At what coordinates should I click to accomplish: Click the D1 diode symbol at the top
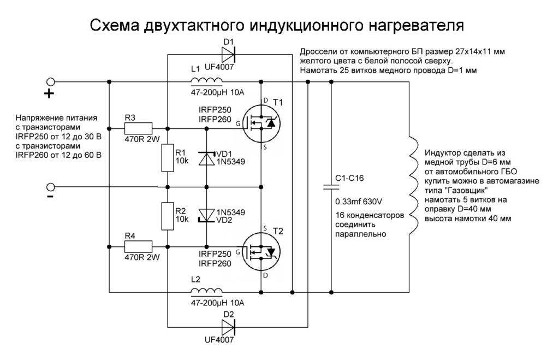click(x=228, y=54)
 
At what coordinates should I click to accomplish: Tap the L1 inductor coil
click(x=206, y=81)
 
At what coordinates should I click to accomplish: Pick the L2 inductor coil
click(x=206, y=291)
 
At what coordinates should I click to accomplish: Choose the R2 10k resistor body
click(x=166, y=216)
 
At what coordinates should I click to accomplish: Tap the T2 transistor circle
click(x=260, y=252)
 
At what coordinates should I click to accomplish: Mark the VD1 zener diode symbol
click(x=206, y=158)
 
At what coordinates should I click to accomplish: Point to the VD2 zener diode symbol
click(x=206, y=215)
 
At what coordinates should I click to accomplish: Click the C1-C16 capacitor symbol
click(x=331, y=187)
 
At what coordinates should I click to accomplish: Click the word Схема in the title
click(x=114, y=25)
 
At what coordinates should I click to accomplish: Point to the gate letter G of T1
click(x=238, y=124)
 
